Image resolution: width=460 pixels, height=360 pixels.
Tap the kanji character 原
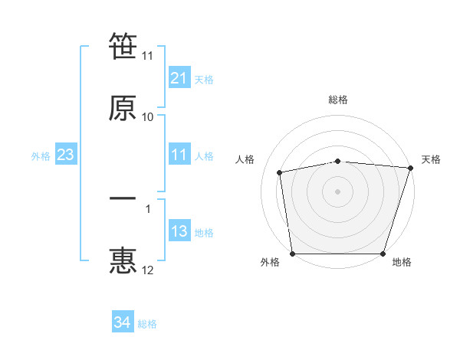[123, 108]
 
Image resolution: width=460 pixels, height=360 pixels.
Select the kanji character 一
[123, 199]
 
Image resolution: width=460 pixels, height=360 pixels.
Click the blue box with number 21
[179, 78]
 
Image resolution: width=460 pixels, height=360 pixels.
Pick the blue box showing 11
[179, 155]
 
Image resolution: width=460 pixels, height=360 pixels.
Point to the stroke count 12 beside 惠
[147, 270]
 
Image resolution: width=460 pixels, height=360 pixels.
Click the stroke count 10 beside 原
[147, 117]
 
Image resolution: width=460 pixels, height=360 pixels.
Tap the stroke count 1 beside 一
[147, 208]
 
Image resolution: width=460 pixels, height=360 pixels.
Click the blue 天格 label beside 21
[204, 79]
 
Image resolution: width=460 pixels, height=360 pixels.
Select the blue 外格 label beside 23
[41, 156]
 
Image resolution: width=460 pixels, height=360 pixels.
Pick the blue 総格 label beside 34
[147, 324]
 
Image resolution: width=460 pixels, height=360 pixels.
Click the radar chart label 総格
[338, 100]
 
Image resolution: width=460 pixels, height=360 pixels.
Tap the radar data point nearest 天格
[409, 169]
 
